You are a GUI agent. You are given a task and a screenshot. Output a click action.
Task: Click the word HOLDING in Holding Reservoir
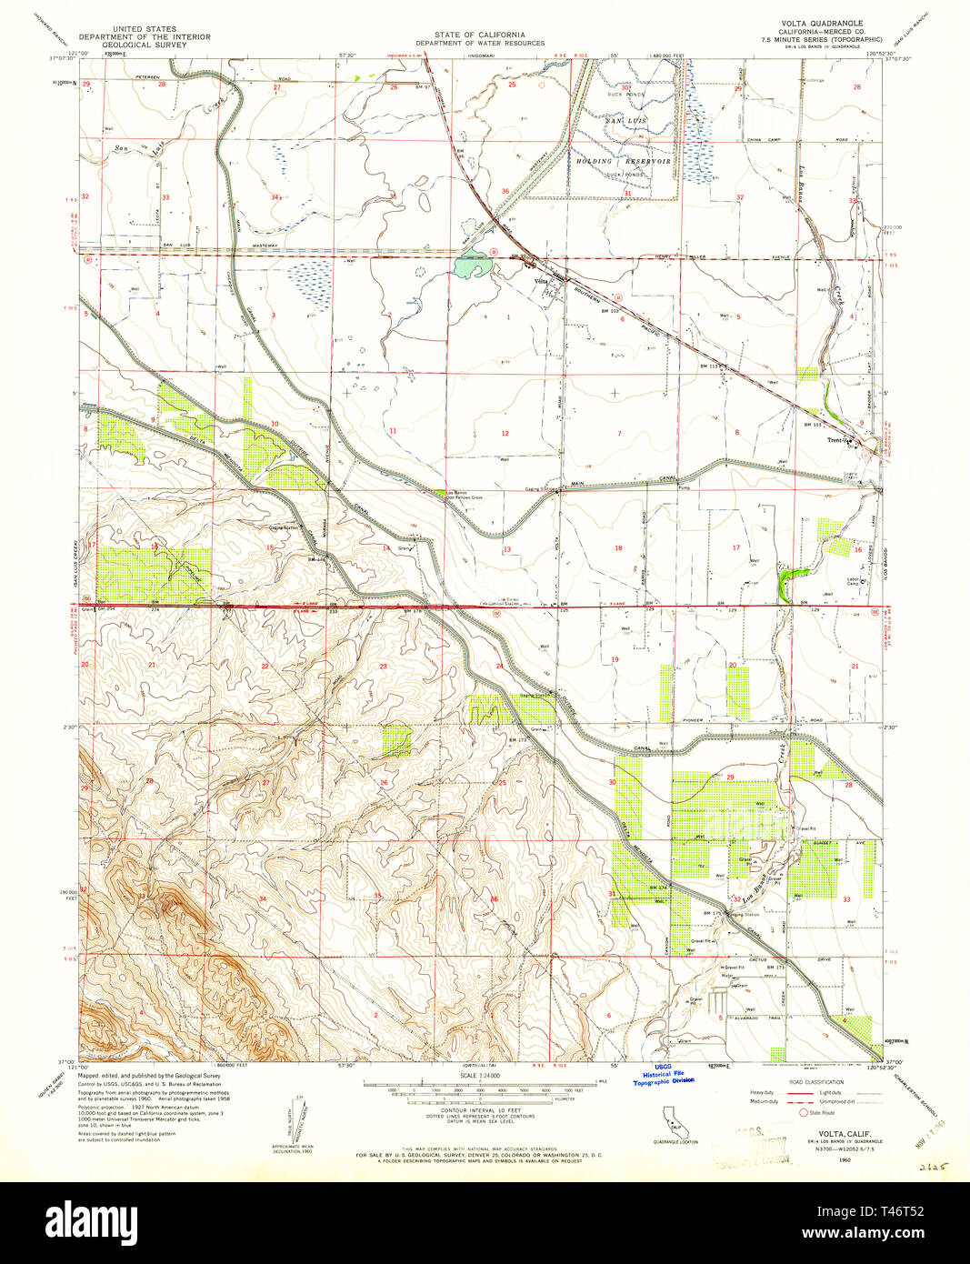point(595,161)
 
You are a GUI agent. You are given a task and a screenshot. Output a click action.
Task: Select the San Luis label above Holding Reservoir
point(625,121)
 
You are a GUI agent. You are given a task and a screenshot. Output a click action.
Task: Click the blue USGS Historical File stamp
point(663,1075)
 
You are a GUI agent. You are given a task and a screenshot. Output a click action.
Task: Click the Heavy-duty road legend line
point(801,1092)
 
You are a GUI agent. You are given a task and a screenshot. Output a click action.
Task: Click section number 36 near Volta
point(505,192)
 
